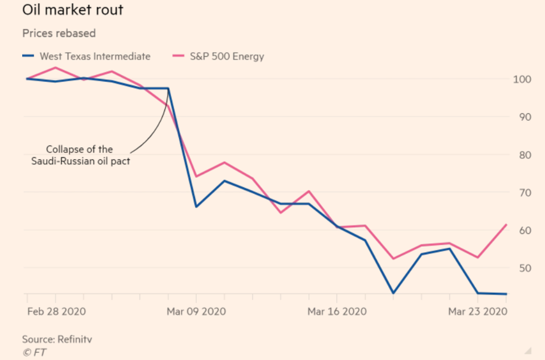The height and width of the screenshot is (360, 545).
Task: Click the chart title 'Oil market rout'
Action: tap(73, 11)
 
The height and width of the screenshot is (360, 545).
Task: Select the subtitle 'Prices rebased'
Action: tap(59, 33)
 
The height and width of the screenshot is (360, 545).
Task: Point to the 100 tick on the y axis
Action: tap(521, 79)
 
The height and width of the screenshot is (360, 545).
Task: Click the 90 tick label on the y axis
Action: tap(521, 117)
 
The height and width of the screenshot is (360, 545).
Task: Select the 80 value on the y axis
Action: tap(521, 155)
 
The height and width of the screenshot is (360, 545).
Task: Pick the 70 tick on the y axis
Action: tap(521, 193)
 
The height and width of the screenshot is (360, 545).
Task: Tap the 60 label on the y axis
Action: tap(521, 231)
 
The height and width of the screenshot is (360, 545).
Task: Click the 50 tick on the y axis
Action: tap(521, 268)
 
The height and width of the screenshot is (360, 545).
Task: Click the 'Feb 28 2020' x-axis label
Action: tap(57, 311)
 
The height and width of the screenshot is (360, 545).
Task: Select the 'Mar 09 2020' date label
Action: tap(196, 311)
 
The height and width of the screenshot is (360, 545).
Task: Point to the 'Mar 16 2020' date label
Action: tap(337, 311)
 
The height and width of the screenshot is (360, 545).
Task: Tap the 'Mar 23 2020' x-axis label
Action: tap(477, 311)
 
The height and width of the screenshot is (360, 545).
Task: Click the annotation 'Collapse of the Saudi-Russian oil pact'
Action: tap(81, 154)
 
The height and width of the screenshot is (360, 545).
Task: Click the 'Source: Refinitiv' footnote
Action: tap(57, 339)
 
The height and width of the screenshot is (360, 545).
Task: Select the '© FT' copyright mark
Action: tap(34, 353)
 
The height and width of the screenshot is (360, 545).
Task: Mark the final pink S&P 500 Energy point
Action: tap(506, 225)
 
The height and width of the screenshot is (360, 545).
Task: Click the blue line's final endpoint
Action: tap(506, 294)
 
